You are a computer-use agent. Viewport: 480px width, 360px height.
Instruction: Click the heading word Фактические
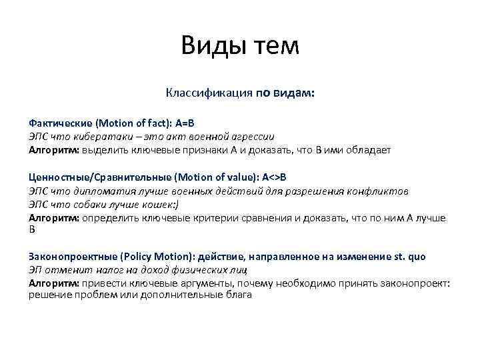[x=60, y=123]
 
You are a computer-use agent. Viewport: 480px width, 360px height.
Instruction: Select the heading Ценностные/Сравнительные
[x=99, y=177]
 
